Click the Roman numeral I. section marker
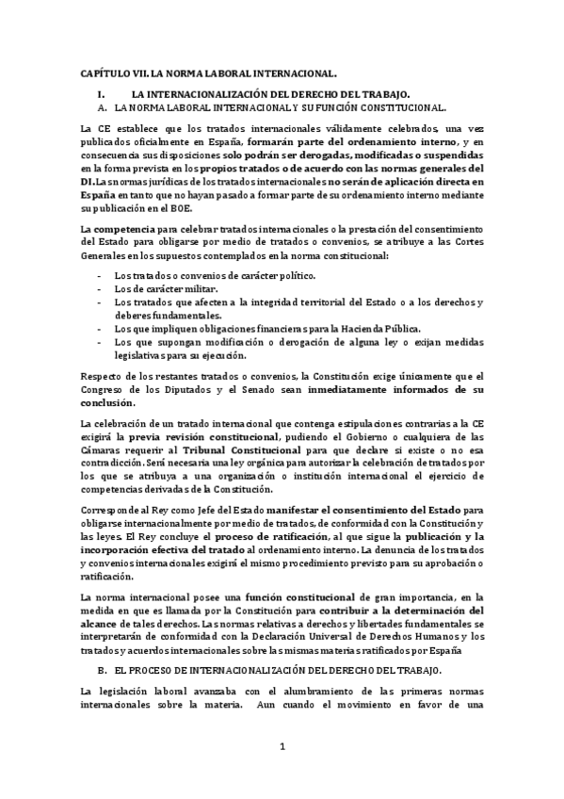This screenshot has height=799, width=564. [101, 95]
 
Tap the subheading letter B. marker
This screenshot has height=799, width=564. [103, 669]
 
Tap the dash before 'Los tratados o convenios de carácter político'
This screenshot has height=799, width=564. [101, 275]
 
